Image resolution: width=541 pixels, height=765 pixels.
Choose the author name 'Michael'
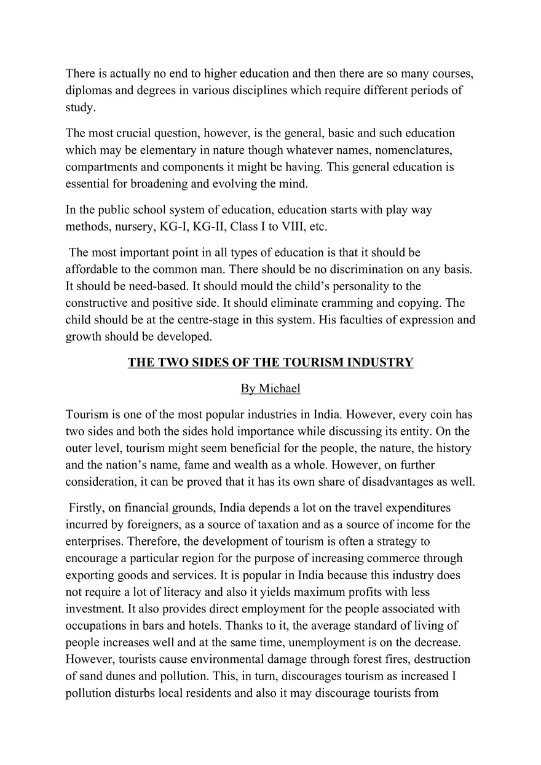(x=279, y=389)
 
